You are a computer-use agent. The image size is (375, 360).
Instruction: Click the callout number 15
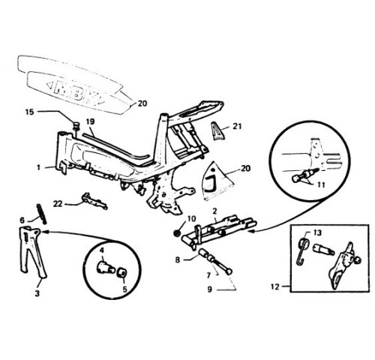pos(29,112)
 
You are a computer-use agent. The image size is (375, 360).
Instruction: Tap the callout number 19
pos(91,121)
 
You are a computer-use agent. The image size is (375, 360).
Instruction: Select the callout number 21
pos(237,126)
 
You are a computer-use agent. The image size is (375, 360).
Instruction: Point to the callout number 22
pos(58,204)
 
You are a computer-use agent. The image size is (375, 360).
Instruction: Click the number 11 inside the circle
pos(321,185)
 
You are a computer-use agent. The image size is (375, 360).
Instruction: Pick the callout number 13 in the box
pos(317,232)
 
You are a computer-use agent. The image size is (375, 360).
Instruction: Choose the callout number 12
pos(274,286)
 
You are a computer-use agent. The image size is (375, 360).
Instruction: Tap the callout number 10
pos(192,219)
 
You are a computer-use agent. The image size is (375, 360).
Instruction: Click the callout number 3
pos(37,293)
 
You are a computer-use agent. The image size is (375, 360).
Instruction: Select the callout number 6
pos(22,220)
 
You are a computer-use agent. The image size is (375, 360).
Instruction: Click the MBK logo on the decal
pos(76,93)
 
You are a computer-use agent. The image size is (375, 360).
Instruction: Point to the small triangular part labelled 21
pos(217,130)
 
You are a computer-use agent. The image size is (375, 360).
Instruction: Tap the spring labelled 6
pos(42,214)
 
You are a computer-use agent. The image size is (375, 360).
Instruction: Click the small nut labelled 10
pos(177,233)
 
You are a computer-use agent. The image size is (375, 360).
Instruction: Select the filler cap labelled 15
pos(76,124)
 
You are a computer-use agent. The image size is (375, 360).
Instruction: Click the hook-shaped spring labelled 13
pos(303,250)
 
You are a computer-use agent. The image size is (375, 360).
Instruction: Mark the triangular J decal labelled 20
pos(217,181)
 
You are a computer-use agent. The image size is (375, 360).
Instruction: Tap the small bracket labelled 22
pos(94,200)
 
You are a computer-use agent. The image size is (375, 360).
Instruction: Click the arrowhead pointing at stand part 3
pos(45,232)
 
